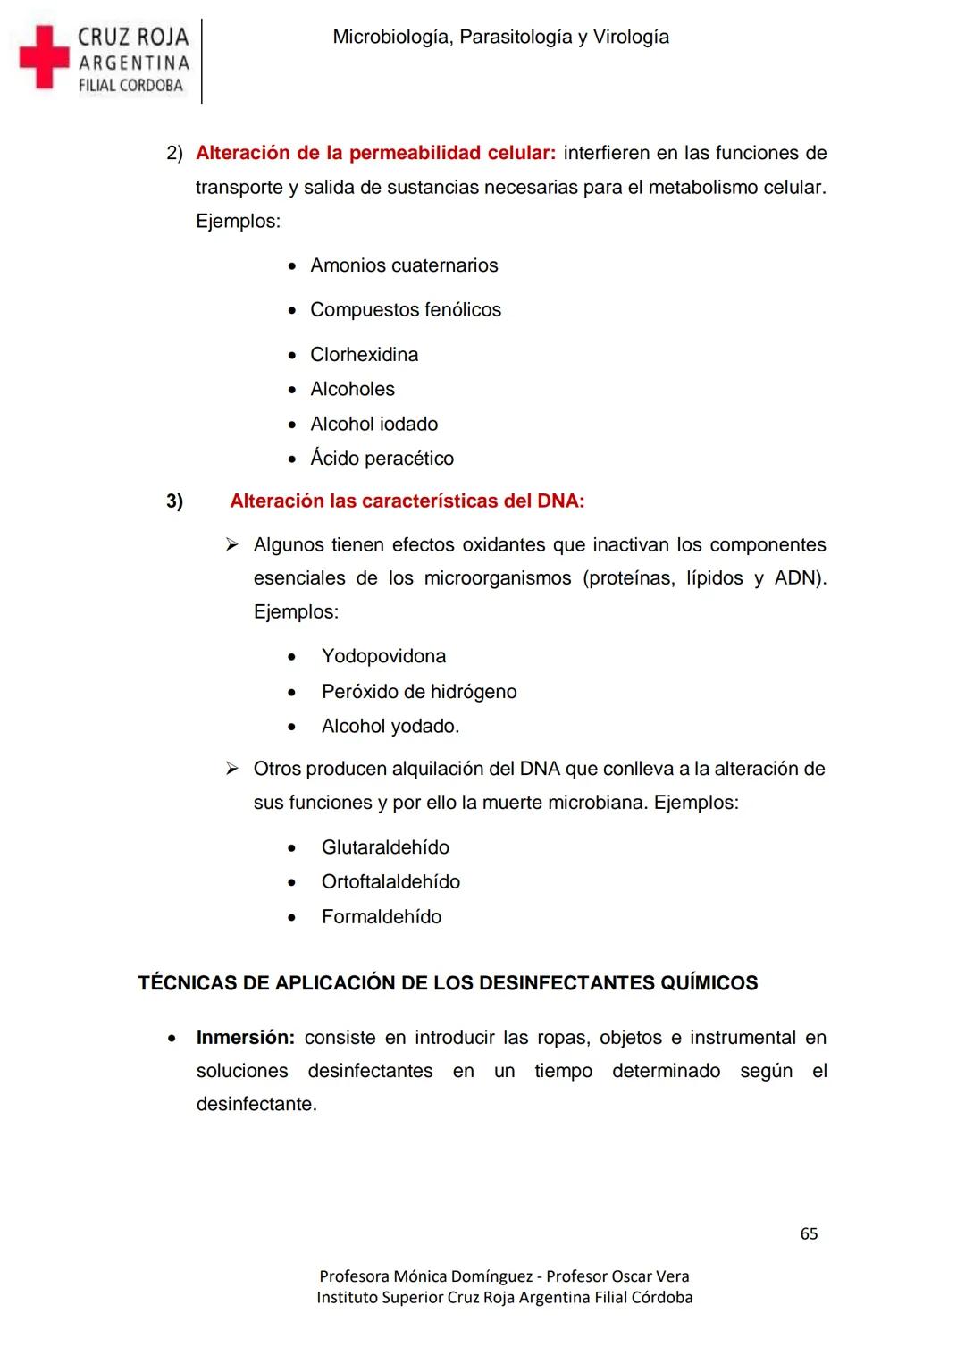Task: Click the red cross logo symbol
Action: pyautogui.click(x=44, y=56)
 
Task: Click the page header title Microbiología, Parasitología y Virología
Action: pyautogui.click(x=500, y=38)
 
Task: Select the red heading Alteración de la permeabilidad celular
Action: pyautogui.click(x=375, y=153)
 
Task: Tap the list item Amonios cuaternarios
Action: pyautogui.click(x=404, y=265)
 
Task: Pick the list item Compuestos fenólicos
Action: pyautogui.click(x=406, y=310)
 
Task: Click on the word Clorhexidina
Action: pyautogui.click(x=364, y=355)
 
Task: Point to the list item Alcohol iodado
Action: pyautogui.click(x=373, y=424)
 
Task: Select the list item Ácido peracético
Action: pyautogui.click(x=382, y=459)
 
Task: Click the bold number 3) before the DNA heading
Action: pyautogui.click(x=174, y=501)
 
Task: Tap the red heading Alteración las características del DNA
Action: pyautogui.click(x=407, y=501)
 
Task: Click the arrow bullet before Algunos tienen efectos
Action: pyautogui.click(x=231, y=544)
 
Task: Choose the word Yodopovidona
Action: pyautogui.click(x=383, y=656)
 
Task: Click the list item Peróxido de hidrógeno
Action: pyautogui.click(x=419, y=692)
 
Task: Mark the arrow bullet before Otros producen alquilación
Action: pyautogui.click(x=231, y=769)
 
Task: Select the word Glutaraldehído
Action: pyautogui.click(x=385, y=847)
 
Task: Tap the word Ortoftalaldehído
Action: pyautogui.click(x=390, y=882)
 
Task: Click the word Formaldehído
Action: pyautogui.click(x=382, y=917)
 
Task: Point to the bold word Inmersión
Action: pyautogui.click(x=245, y=1038)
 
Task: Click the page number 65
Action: pyautogui.click(x=809, y=1233)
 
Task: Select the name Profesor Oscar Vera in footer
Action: pyautogui.click(x=617, y=1276)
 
